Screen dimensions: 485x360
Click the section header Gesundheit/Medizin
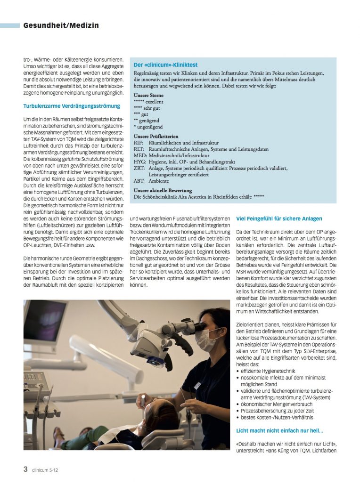tap(61, 25)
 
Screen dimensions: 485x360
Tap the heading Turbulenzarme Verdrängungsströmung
tap(72, 106)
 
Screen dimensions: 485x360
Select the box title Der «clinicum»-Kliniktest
tap(165, 65)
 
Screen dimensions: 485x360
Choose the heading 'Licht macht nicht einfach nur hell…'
tap(279, 430)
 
